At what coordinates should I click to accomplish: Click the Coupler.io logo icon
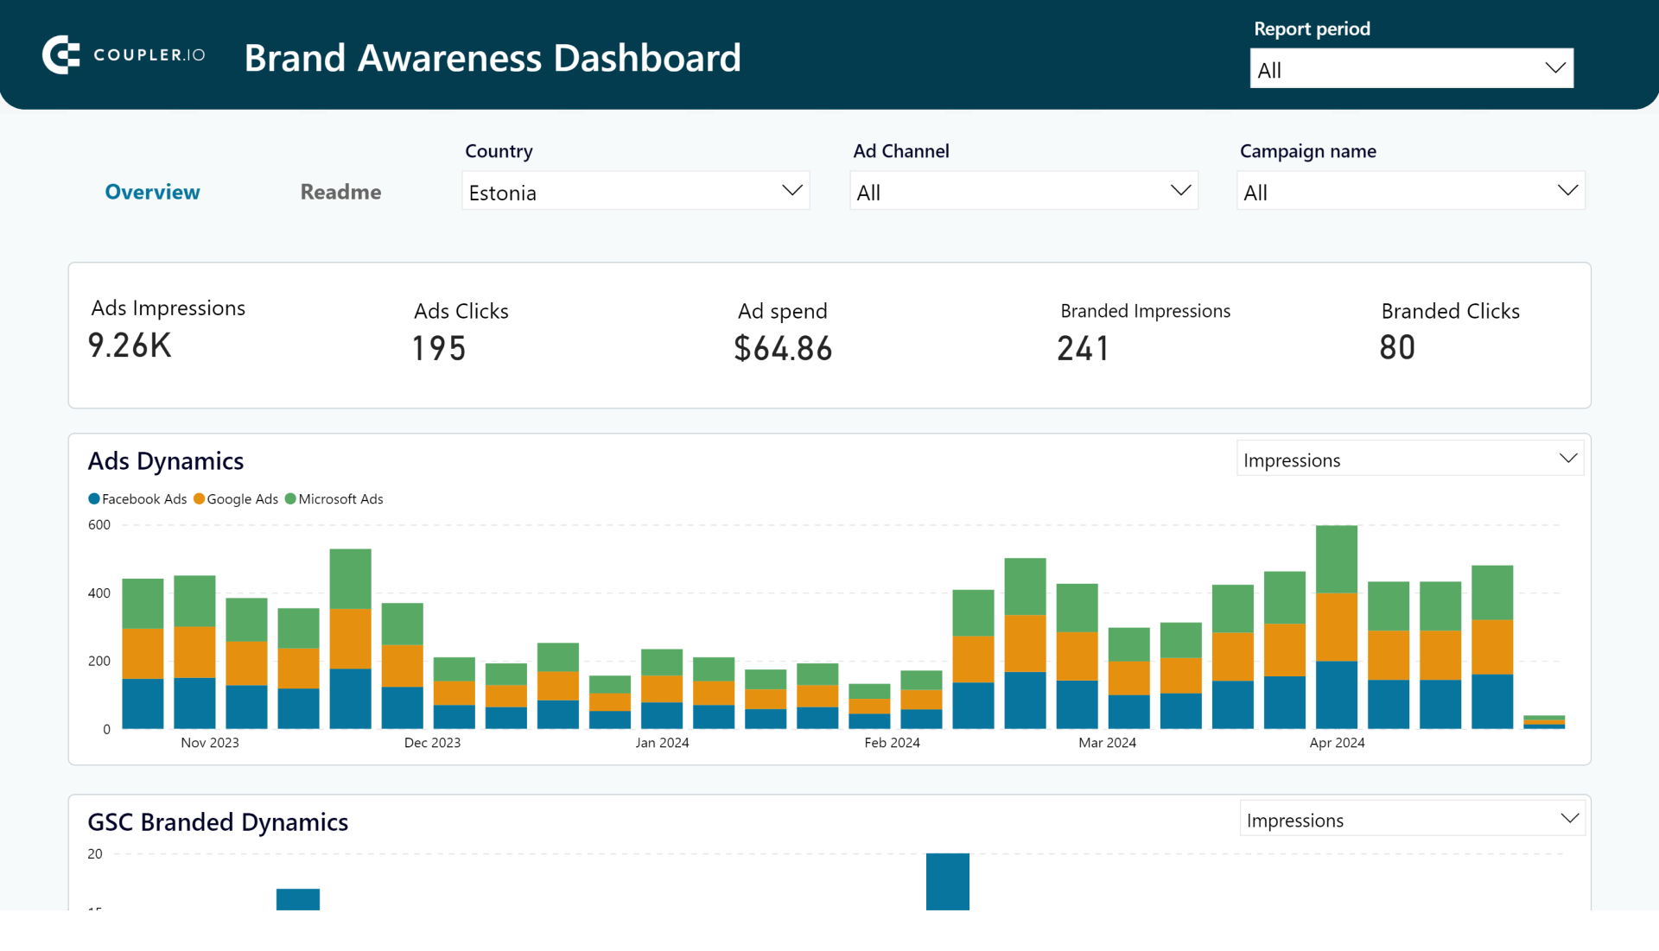coord(60,55)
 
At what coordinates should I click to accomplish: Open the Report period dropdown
coord(1410,69)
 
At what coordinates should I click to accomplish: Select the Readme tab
coord(340,192)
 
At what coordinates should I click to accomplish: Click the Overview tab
coord(152,192)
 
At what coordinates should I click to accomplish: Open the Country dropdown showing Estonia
coord(635,192)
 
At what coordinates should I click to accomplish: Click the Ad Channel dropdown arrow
coord(1180,191)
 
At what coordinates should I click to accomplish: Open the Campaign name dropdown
coord(1410,192)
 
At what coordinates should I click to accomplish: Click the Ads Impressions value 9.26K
coord(130,346)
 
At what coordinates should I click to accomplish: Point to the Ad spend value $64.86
coord(783,348)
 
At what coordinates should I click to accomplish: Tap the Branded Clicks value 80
coord(1396,347)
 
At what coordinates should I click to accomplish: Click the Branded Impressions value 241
coord(1083,348)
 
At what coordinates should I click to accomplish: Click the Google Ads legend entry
coord(236,499)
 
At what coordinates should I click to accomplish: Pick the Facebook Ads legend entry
coord(137,499)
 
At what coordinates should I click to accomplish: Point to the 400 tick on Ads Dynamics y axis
coord(99,593)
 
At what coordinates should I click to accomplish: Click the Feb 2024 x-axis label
coord(892,743)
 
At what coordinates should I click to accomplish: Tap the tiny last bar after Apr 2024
coord(1544,722)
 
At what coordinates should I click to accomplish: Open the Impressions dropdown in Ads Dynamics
coord(1410,460)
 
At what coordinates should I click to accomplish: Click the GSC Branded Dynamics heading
coord(218,822)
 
